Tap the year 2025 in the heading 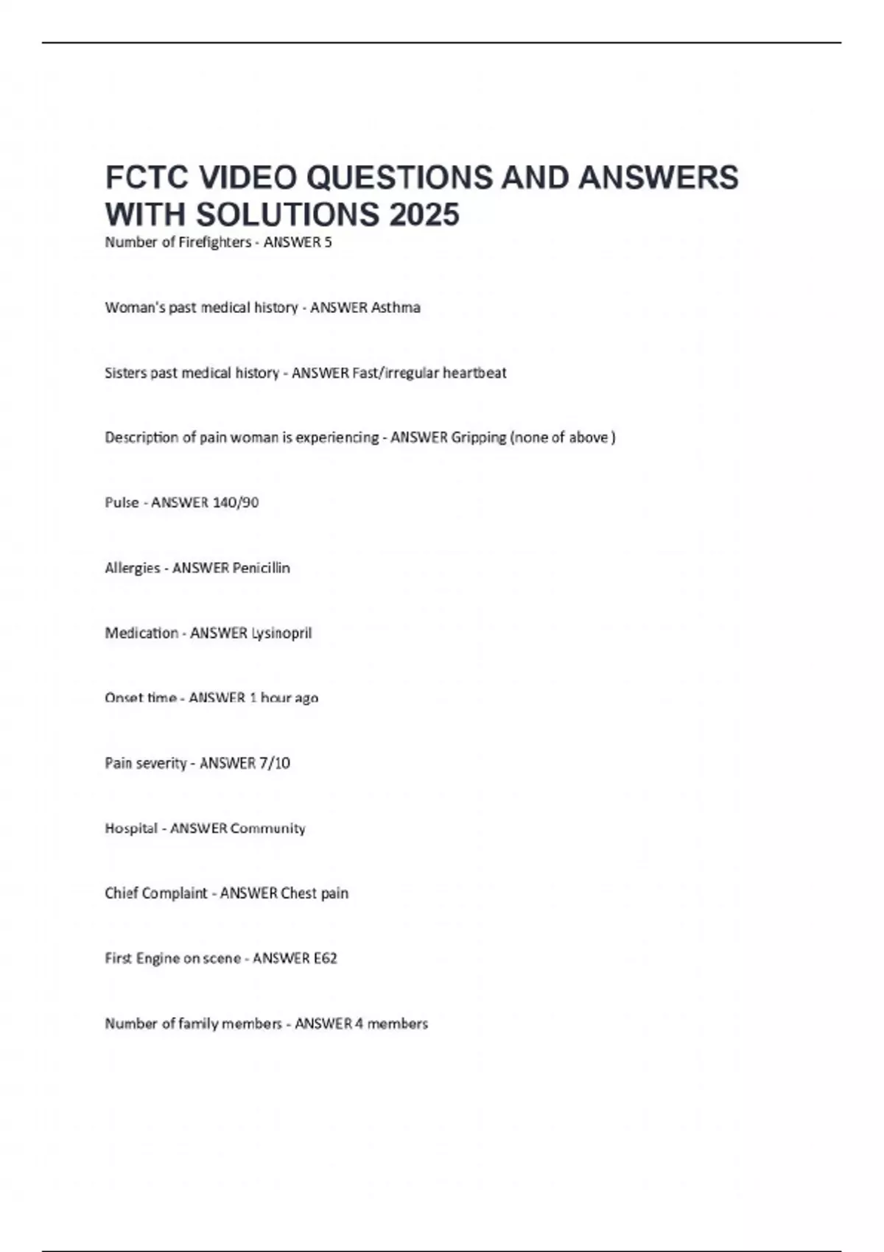point(424,215)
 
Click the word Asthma point(396,308)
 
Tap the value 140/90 point(235,502)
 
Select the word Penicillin point(261,568)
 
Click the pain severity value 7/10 point(274,763)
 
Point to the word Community point(268,828)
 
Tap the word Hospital point(131,828)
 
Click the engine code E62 point(325,958)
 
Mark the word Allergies point(132,568)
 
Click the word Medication point(141,633)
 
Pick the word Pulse point(122,502)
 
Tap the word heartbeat point(474,373)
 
